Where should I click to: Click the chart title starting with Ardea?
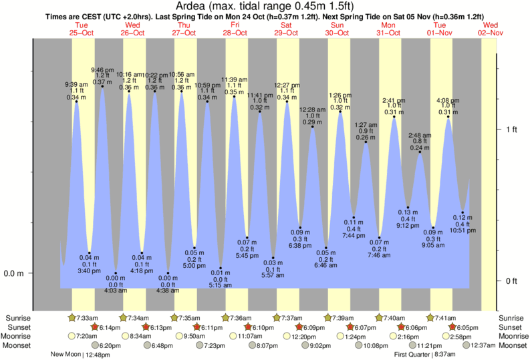coord(265,6)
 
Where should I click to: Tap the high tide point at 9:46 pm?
coord(102,86)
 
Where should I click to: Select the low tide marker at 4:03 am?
coord(115,273)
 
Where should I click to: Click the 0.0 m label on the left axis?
coord(14,273)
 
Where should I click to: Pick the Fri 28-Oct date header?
coord(235,29)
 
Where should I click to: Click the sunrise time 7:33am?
coord(88,318)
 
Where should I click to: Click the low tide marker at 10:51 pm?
coord(462,213)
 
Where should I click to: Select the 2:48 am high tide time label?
coord(420,136)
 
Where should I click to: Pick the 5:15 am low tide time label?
coord(221,285)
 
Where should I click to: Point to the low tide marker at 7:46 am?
coord(380,238)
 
